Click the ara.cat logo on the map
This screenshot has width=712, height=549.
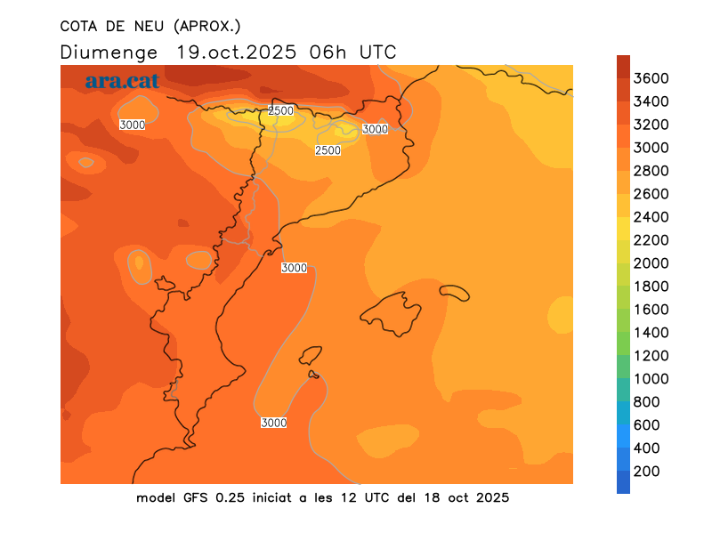click(122, 81)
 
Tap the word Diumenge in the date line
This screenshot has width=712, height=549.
click(109, 52)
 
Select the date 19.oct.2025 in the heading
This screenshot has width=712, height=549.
click(237, 52)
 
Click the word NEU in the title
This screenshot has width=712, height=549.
click(147, 25)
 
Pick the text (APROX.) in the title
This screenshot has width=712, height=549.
click(209, 25)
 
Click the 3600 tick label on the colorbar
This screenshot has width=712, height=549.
click(651, 78)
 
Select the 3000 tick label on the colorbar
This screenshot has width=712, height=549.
click(651, 148)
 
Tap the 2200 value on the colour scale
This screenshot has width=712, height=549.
click(651, 240)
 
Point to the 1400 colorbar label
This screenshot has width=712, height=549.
click(651, 333)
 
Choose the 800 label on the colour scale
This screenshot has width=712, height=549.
click(647, 402)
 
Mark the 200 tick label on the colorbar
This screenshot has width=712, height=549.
click(647, 472)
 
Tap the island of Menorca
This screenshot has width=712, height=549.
click(454, 292)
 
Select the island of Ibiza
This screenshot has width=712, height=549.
click(310, 357)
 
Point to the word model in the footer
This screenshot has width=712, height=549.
click(156, 497)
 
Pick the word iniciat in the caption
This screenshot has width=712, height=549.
click(271, 497)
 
